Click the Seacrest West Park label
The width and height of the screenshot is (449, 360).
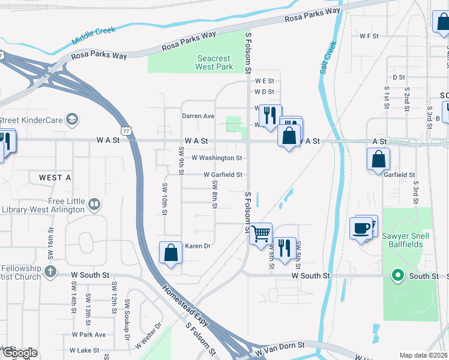click(x=215, y=62)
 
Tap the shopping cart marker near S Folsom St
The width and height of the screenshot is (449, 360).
click(x=261, y=233)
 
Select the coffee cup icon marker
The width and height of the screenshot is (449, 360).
click(x=361, y=228)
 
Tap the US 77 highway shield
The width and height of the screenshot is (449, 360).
click(x=125, y=130)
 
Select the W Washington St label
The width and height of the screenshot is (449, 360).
click(x=217, y=158)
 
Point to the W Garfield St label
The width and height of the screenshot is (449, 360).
click(x=223, y=175)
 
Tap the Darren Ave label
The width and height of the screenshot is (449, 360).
click(x=198, y=116)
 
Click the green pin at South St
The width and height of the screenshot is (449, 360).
click(x=397, y=276)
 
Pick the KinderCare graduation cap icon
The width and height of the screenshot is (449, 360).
click(x=72, y=119)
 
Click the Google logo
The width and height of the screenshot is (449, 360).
click(x=20, y=353)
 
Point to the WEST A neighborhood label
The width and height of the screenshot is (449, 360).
click(x=55, y=178)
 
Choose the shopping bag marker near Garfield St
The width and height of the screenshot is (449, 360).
click(x=378, y=160)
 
